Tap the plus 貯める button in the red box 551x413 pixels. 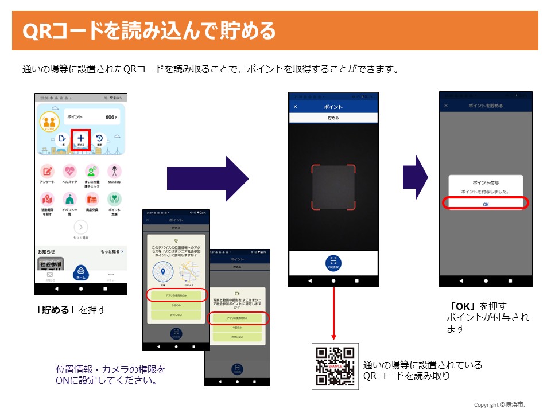pos(81,140)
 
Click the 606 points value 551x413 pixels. pos(111,117)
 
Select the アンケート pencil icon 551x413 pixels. pos(48,171)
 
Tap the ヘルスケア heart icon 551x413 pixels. pos(69,171)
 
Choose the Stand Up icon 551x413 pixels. pos(114,171)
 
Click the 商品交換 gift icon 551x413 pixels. pos(92,199)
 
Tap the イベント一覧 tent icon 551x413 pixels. pos(69,199)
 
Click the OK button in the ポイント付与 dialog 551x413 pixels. pos(486,204)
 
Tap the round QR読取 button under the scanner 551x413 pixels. pos(333,262)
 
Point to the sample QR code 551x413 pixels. pos(335,366)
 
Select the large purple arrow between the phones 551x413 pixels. pos(208,179)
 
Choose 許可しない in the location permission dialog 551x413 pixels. pos(176,315)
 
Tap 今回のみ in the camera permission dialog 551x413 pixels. pos(237,328)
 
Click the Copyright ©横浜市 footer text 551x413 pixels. pos(499,405)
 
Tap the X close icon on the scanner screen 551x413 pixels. pos(296,107)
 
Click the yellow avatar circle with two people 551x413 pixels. pos(49,122)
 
